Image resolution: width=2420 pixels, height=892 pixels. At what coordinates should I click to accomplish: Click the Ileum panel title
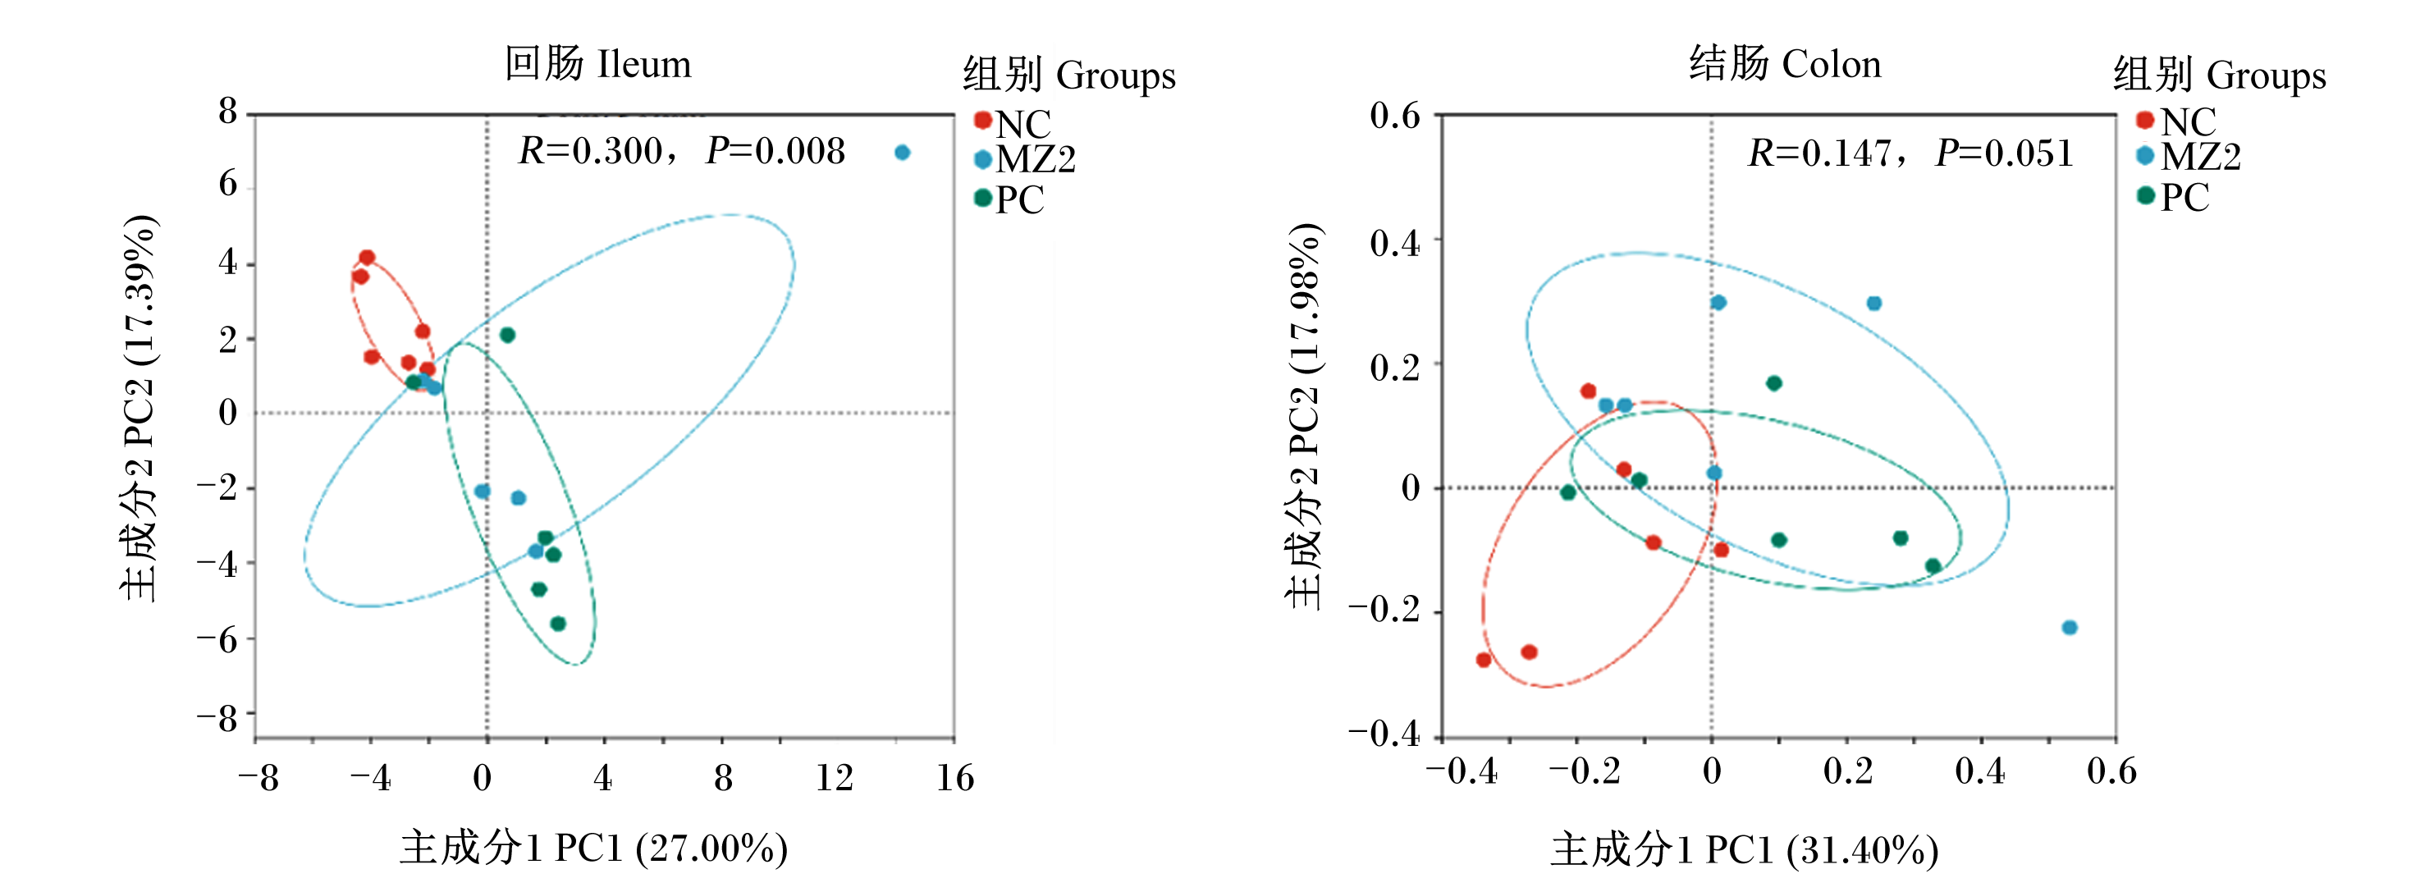(597, 64)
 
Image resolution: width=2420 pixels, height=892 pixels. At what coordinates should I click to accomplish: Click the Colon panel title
(1785, 64)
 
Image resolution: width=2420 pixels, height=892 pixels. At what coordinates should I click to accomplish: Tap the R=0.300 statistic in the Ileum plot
(591, 151)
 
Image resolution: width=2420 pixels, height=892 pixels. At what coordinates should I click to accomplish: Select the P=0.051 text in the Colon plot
(2004, 153)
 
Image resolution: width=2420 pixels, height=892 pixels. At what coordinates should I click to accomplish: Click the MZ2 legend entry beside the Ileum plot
(1025, 160)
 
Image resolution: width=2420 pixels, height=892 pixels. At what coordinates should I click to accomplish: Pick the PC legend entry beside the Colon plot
(2173, 197)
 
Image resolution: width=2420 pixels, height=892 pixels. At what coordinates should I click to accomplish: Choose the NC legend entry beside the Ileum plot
(1013, 123)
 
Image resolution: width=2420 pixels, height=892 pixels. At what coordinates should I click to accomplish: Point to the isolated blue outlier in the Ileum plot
(902, 152)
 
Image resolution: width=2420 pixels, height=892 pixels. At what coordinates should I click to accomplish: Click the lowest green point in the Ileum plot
(557, 624)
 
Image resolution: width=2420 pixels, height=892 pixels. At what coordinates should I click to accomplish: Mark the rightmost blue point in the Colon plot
(2069, 627)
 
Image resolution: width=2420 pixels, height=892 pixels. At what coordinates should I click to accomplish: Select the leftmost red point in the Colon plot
(1484, 660)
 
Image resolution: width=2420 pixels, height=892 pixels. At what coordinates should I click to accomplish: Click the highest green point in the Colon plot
(1773, 383)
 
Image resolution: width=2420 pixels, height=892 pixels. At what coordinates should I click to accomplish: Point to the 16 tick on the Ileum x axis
(954, 777)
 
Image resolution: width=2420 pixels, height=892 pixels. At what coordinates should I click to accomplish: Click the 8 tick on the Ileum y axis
(228, 112)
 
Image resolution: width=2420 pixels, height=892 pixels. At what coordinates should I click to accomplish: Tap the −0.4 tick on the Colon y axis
(1384, 732)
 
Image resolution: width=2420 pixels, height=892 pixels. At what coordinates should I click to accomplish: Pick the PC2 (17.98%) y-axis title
(1304, 416)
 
